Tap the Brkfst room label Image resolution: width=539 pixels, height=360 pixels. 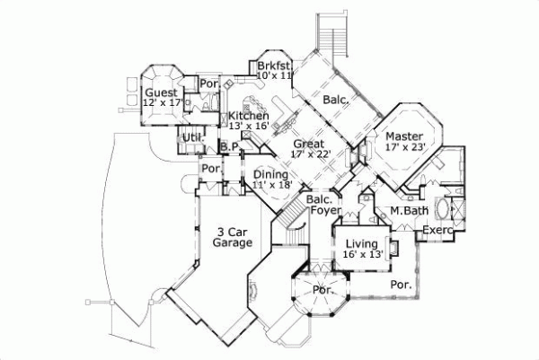point(273,66)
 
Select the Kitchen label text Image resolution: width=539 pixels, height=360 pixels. point(248,116)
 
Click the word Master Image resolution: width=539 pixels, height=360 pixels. point(404,136)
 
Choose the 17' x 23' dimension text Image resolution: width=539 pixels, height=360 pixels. point(404,146)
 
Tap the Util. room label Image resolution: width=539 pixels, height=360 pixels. point(191,137)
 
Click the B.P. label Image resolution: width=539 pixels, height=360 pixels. point(229,148)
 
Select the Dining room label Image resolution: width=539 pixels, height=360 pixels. point(269,174)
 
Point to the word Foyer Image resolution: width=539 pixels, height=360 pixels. point(324,210)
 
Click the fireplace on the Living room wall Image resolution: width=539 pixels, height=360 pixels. point(392,247)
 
